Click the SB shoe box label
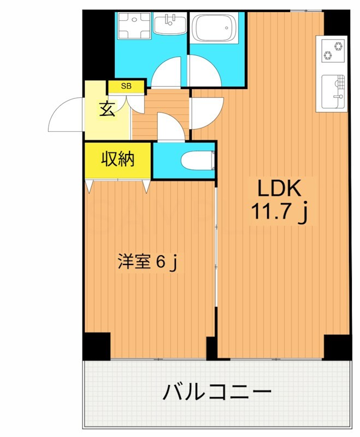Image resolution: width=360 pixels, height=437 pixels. pyautogui.click(x=126, y=86)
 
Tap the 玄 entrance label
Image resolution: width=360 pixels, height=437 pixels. pyautogui.click(x=107, y=109)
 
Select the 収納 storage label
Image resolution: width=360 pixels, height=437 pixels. pyautogui.click(x=117, y=160)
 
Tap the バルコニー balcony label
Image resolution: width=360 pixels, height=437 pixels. pyautogui.click(x=217, y=392)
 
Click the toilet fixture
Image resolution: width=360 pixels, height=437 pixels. pyautogui.click(x=197, y=160)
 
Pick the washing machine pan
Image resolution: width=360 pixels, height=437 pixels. pyautogui.click(x=132, y=26)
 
